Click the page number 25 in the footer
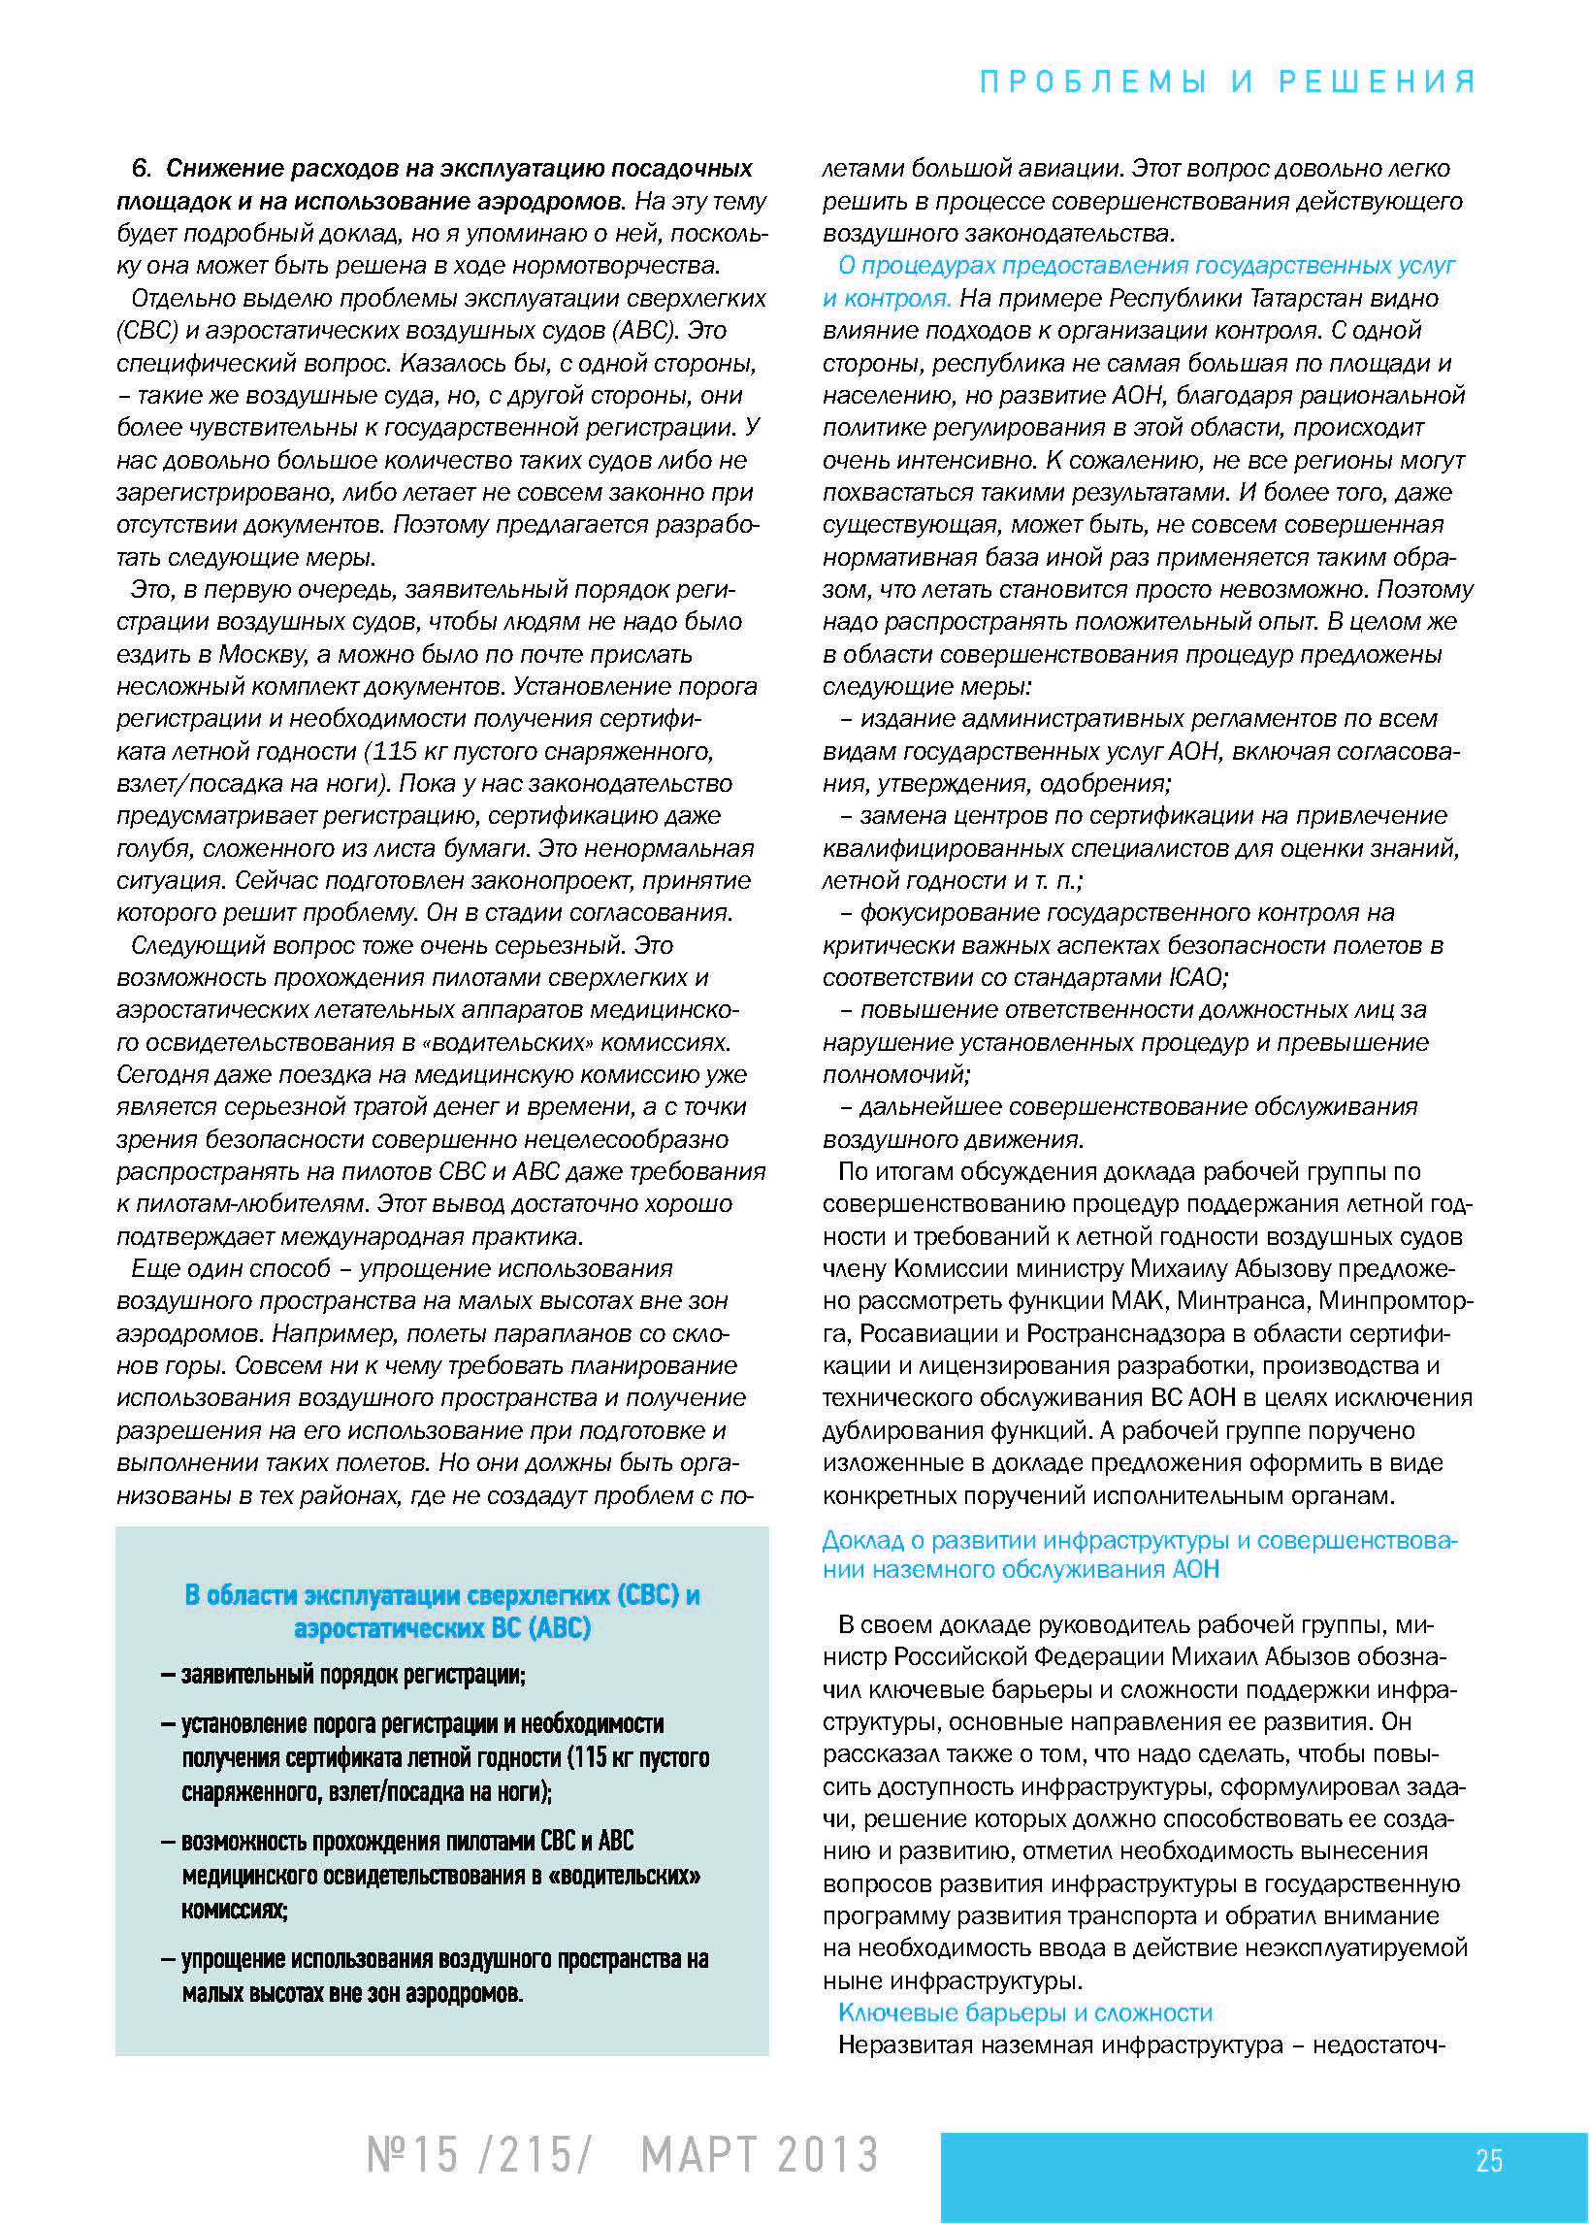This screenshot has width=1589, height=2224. tap(1488, 2160)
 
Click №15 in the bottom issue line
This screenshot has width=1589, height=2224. tap(412, 2154)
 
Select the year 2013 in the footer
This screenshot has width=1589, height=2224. tap(827, 2154)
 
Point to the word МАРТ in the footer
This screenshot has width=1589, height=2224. tap(697, 2154)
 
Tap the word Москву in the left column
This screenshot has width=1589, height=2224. tap(259, 654)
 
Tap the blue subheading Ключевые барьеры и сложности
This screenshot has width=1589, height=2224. tap(1024, 2012)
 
